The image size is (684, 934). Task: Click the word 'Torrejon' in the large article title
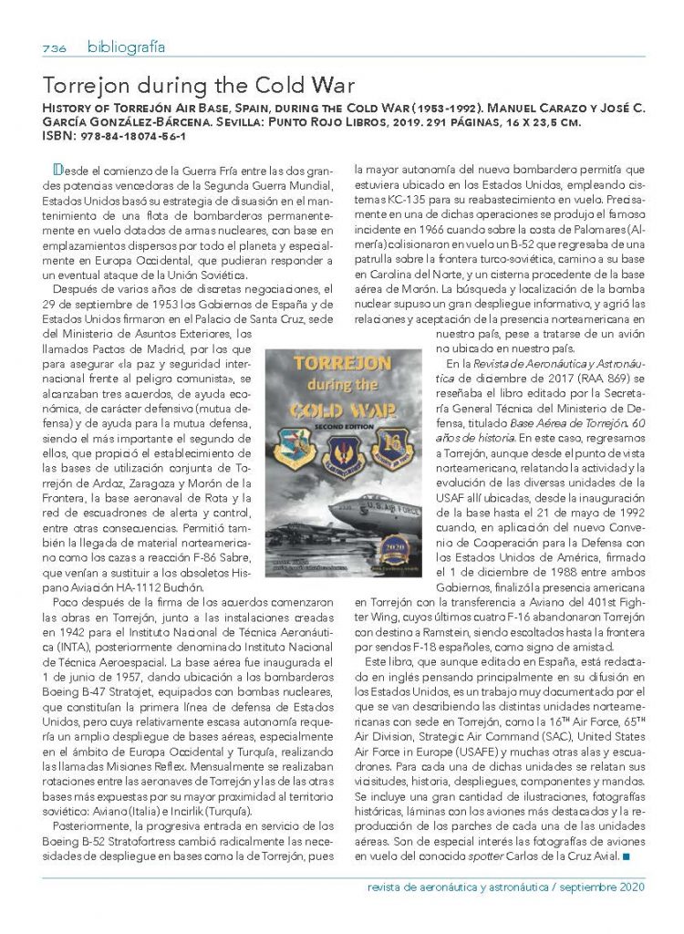pyautogui.click(x=89, y=88)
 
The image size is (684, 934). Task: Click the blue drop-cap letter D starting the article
pyautogui.click(x=58, y=169)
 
